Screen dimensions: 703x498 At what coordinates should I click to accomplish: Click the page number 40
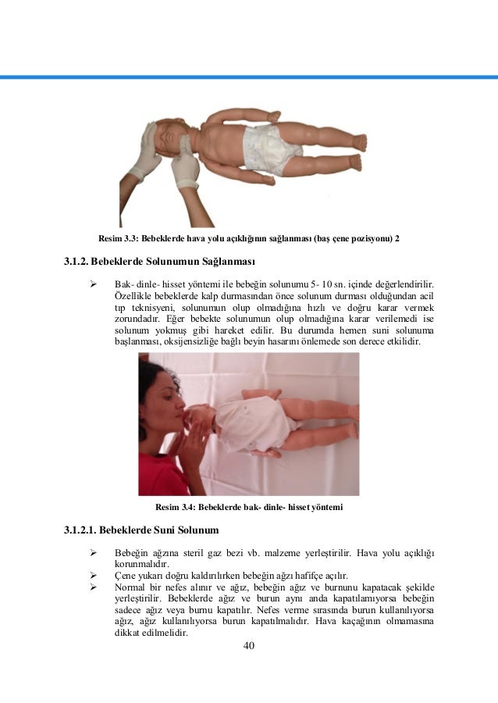pos(249,646)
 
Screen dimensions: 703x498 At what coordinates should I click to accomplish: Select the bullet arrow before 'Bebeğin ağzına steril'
pos(94,553)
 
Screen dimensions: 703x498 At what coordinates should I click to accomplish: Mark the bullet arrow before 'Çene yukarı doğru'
pos(94,576)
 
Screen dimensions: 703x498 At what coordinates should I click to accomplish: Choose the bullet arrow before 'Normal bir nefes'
pos(94,587)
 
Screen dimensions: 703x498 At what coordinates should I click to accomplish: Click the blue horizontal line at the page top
pos(249,77)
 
